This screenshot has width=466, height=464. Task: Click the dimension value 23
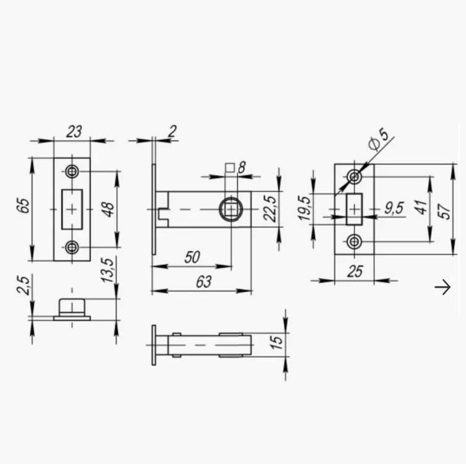(x=74, y=132)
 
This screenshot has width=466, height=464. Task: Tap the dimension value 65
(x=23, y=206)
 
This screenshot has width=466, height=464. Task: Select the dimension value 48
(x=108, y=209)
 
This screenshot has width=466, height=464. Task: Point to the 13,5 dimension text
(x=108, y=271)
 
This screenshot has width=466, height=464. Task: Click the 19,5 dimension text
(x=304, y=209)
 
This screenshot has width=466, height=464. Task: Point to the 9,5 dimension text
(x=393, y=208)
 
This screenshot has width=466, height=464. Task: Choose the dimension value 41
(x=421, y=207)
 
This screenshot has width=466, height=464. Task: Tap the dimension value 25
(x=354, y=272)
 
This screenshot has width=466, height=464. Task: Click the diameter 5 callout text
(x=378, y=139)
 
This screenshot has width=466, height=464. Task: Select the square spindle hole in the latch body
(x=231, y=210)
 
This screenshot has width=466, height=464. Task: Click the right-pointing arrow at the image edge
(x=443, y=287)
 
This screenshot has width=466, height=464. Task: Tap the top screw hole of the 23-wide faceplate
(x=72, y=171)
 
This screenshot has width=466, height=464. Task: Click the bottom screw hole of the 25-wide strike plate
(x=354, y=241)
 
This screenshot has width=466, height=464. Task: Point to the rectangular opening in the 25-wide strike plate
(x=354, y=208)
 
